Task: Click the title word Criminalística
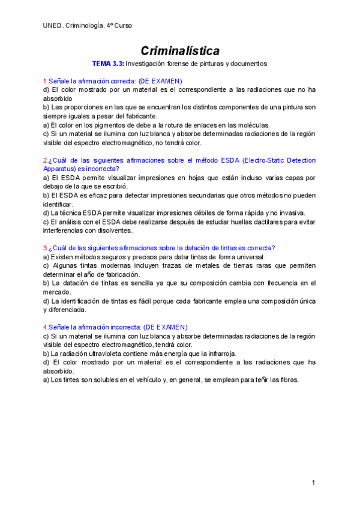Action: [180, 51]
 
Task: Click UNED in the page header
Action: [52, 26]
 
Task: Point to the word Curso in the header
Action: [122, 26]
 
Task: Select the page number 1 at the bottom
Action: [313, 483]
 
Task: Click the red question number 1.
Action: [45, 80]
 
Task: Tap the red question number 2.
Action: [45, 160]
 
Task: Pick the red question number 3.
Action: [45, 248]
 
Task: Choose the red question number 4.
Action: [45, 327]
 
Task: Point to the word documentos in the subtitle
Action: [248, 64]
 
